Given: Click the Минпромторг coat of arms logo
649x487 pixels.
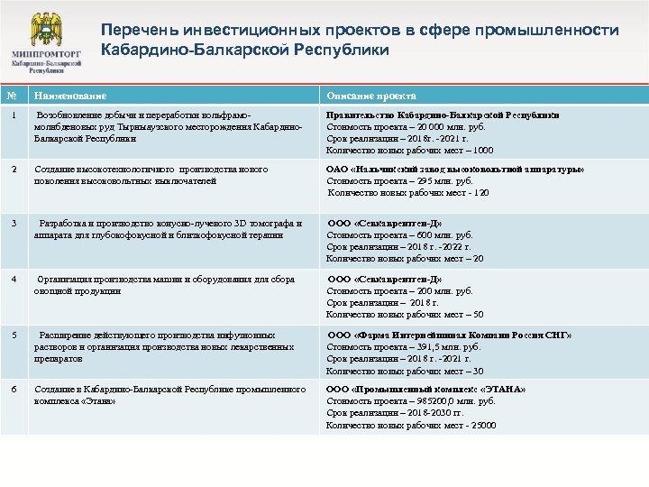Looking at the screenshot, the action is (44, 30).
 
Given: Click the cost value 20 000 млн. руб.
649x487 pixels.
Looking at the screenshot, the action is (441, 127).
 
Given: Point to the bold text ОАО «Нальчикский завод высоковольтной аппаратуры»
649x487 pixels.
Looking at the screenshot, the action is (455, 169).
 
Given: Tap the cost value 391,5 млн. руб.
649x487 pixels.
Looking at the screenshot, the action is (438, 347).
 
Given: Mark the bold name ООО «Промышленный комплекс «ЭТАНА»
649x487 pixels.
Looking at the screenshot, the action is (426, 390).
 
